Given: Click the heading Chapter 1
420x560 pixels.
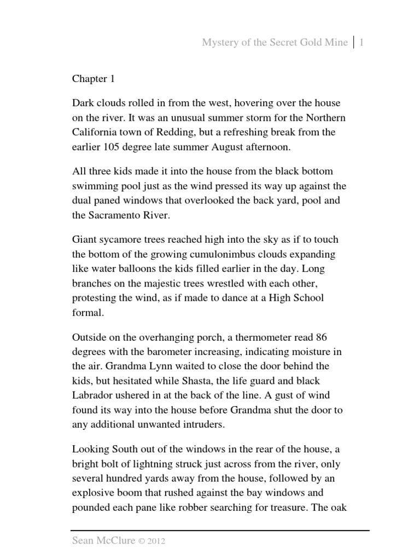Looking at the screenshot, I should click(94, 79).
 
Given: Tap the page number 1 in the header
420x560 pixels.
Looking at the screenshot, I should click(361, 43).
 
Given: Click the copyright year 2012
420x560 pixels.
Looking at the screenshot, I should click(156, 541).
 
